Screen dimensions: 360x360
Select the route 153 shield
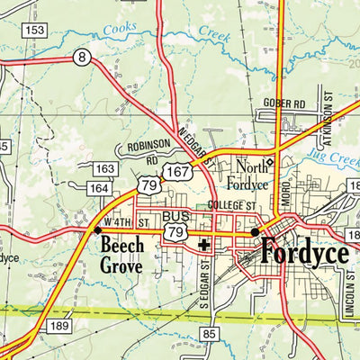[35, 31]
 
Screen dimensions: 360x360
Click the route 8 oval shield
[83, 58]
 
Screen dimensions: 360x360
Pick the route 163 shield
[104, 168]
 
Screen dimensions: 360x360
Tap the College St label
[232, 205]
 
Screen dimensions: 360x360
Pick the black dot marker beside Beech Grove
[97, 230]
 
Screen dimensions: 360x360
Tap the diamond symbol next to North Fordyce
[268, 162]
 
